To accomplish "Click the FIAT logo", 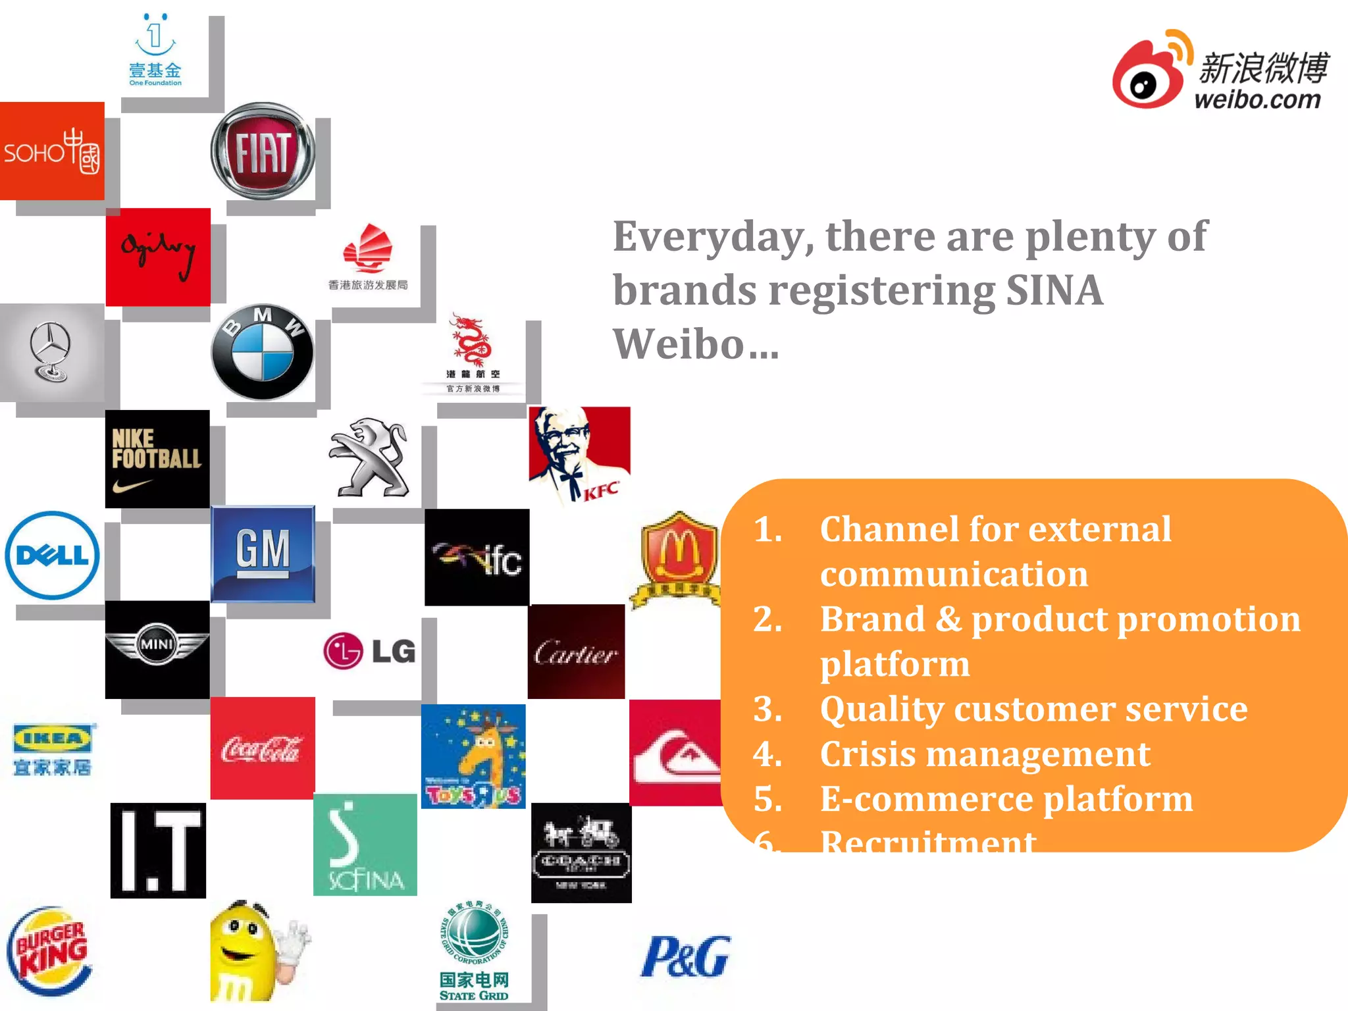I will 263,151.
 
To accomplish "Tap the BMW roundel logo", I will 263,352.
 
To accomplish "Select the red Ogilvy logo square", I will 158,257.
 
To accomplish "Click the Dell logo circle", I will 52,556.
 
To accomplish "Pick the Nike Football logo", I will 157,459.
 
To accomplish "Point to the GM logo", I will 263,554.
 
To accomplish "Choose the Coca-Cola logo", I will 263,748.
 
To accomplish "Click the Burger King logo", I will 50,951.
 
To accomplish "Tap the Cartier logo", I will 576,652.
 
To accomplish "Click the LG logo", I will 369,651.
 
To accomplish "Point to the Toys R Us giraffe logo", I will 473,756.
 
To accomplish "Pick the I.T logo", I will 158,850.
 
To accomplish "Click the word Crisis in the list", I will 867,754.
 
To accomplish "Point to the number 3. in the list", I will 767,710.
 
